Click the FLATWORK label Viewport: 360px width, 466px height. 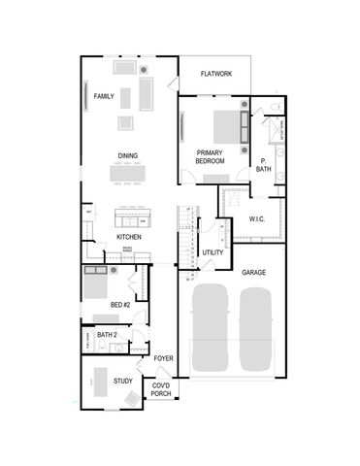point(215,74)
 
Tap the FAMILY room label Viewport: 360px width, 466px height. point(104,97)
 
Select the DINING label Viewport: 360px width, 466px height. point(128,155)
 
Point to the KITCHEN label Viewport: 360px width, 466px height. point(129,237)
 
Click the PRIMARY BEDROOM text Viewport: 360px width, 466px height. point(211,156)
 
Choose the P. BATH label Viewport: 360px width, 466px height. point(264,165)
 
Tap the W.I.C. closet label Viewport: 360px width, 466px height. point(256,218)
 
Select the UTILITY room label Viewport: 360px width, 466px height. point(213,252)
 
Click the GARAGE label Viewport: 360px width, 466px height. point(254,273)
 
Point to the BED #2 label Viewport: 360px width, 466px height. point(120,305)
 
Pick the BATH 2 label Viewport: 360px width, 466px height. point(107,335)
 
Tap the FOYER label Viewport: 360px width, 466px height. point(162,358)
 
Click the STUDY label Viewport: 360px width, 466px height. point(123,381)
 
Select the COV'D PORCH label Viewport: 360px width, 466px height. point(162,389)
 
